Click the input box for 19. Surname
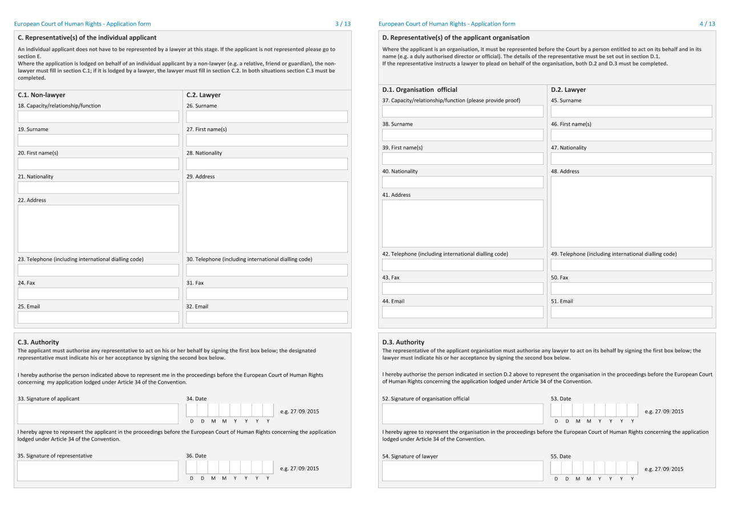pyautogui.click(x=98, y=140)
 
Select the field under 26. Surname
pyautogui.click(x=266, y=117)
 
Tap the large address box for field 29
pyautogui.click(x=266, y=217)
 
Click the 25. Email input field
pyautogui.click(x=98, y=318)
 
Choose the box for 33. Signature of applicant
pyautogui.click(x=98, y=414)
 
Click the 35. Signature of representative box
pyautogui.click(x=98, y=471)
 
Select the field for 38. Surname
pyautogui.click(x=463, y=135)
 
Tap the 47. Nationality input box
pyautogui.click(x=631, y=159)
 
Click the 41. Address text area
pyautogui.click(x=463, y=224)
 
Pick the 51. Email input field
pyautogui.click(x=631, y=312)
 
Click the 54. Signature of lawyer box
pyautogui.click(x=463, y=471)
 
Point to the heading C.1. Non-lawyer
pyautogui.click(x=42, y=95)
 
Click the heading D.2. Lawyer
pyautogui.click(x=568, y=90)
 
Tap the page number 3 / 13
pyautogui.click(x=343, y=24)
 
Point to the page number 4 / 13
pyautogui.click(x=707, y=24)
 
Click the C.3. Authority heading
pyautogui.click(x=38, y=342)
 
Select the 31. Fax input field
pyautogui.click(x=266, y=294)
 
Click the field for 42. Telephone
pyautogui.click(x=463, y=265)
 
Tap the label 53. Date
pyautogui.click(x=561, y=399)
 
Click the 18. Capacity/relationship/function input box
pyautogui.click(x=98, y=117)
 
